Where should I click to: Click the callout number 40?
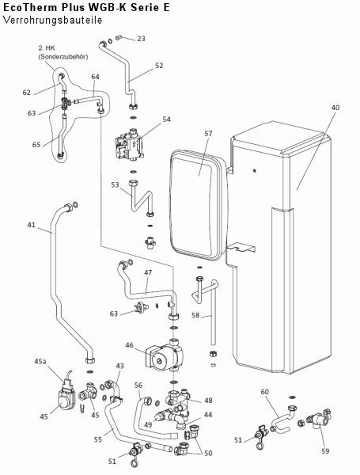335,108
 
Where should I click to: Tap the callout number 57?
208,133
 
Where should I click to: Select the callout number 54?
166,120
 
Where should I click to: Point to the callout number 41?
31,225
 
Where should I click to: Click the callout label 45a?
40,362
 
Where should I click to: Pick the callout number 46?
129,345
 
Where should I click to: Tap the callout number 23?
141,39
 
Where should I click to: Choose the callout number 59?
325,451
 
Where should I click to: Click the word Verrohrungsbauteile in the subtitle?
53,20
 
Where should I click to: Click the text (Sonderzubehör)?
63,56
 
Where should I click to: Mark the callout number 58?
195,315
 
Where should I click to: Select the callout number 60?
264,392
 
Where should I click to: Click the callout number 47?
148,272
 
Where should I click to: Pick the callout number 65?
36,145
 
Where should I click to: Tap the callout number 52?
159,66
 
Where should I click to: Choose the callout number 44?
208,415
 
